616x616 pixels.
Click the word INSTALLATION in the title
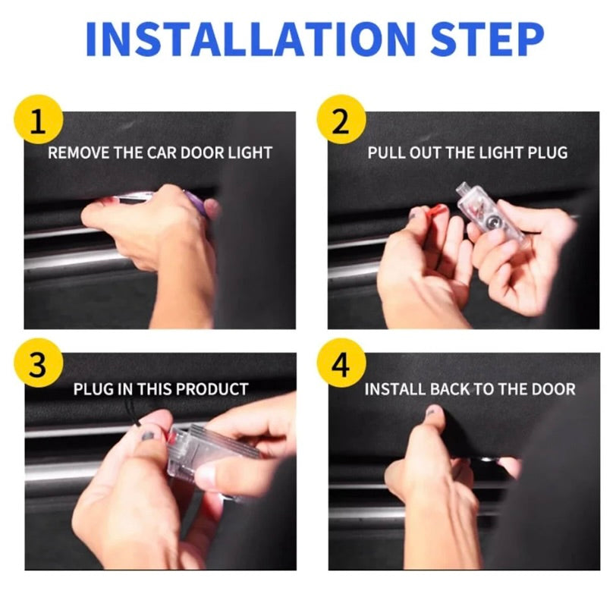tap(250, 39)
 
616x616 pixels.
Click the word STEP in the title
tap(487, 39)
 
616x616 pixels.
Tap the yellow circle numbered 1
tap(38, 120)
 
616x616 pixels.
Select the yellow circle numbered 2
tap(341, 120)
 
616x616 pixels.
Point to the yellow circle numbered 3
tap(38, 363)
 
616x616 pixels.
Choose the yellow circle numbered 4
tap(341, 363)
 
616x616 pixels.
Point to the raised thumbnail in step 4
tap(433, 412)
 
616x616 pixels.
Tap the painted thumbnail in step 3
tap(149, 435)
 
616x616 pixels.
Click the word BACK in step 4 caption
tap(450, 389)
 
